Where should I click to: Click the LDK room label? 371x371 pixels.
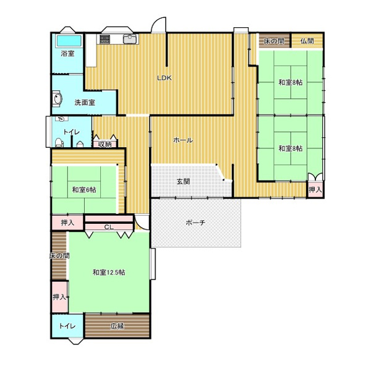(164, 78)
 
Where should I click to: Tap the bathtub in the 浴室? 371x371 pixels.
(69, 41)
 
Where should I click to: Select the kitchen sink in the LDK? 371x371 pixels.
(129, 39)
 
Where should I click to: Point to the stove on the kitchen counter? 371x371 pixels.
(105, 39)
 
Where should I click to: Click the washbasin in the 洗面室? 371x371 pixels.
(58, 98)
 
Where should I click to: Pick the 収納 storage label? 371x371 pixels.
(104, 144)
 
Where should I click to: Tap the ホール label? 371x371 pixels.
(183, 140)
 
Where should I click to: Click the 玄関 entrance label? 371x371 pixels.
(184, 181)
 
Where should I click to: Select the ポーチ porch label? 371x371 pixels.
(195, 223)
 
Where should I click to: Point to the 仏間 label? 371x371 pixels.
(307, 41)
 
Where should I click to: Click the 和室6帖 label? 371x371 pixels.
(84, 190)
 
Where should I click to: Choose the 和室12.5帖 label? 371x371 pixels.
(109, 272)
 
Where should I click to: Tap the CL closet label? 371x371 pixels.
(109, 227)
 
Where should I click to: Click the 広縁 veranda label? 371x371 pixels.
(117, 326)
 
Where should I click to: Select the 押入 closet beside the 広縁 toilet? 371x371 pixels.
(59, 297)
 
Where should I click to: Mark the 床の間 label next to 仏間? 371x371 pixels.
(274, 41)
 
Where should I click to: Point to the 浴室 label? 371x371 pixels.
(67, 53)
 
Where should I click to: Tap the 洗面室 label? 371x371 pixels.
(85, 103)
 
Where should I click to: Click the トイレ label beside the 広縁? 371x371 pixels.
(67, 326)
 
